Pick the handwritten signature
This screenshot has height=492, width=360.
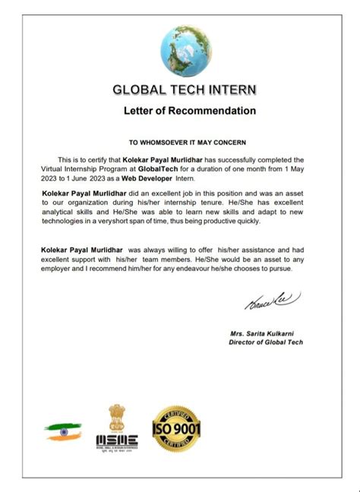coord(265,301)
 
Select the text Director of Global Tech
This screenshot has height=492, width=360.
coord(267,343)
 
